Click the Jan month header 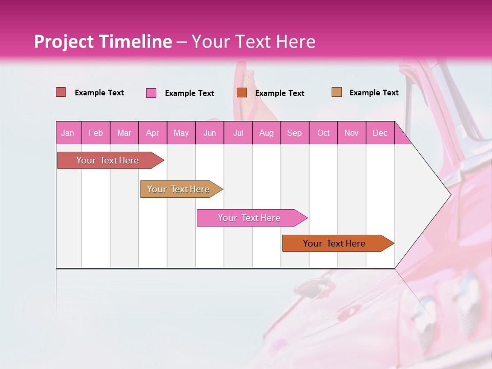tap(68, 133)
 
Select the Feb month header tap(96, 133)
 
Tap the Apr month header tap(153, 133)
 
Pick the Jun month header tap(210, 133)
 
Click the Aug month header tap(266, 133)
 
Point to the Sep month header tap(295, 133)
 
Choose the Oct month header tap(323, 133)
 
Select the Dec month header tap(380, 133)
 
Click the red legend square tap(60, 92)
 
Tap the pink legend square tap(151, 93)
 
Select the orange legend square tap(242, 92)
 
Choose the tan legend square tap(336, 92)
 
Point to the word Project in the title tap(63, 42)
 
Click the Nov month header tap(352, 133)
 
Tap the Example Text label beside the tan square tap(374, 93)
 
